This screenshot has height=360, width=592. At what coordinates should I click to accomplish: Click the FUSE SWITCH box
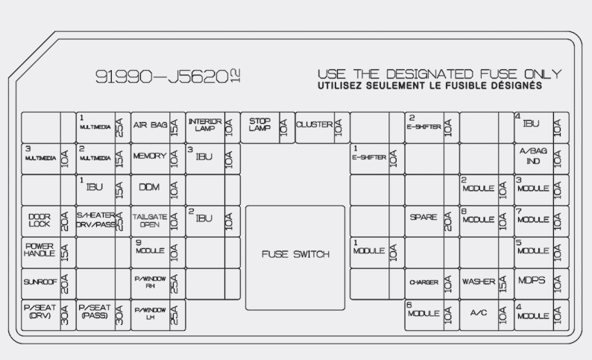[295, 255]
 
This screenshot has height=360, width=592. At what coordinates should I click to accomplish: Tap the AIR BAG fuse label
[150, 125]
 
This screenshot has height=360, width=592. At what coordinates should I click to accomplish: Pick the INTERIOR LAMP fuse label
[205, 125]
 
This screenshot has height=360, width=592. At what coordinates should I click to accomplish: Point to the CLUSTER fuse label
[314, 125]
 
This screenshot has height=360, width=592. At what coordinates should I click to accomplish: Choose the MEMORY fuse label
[150, 157]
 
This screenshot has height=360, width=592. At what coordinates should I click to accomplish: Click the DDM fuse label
[150, 188]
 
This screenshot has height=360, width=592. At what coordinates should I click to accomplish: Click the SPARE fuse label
[423, 218]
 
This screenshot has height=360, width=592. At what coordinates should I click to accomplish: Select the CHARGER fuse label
[423, 282]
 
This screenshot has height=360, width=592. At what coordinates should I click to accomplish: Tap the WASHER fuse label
[479, 282]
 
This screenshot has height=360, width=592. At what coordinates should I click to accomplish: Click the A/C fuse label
[479, 314]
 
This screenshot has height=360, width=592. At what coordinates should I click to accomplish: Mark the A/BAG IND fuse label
[533, 157]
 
